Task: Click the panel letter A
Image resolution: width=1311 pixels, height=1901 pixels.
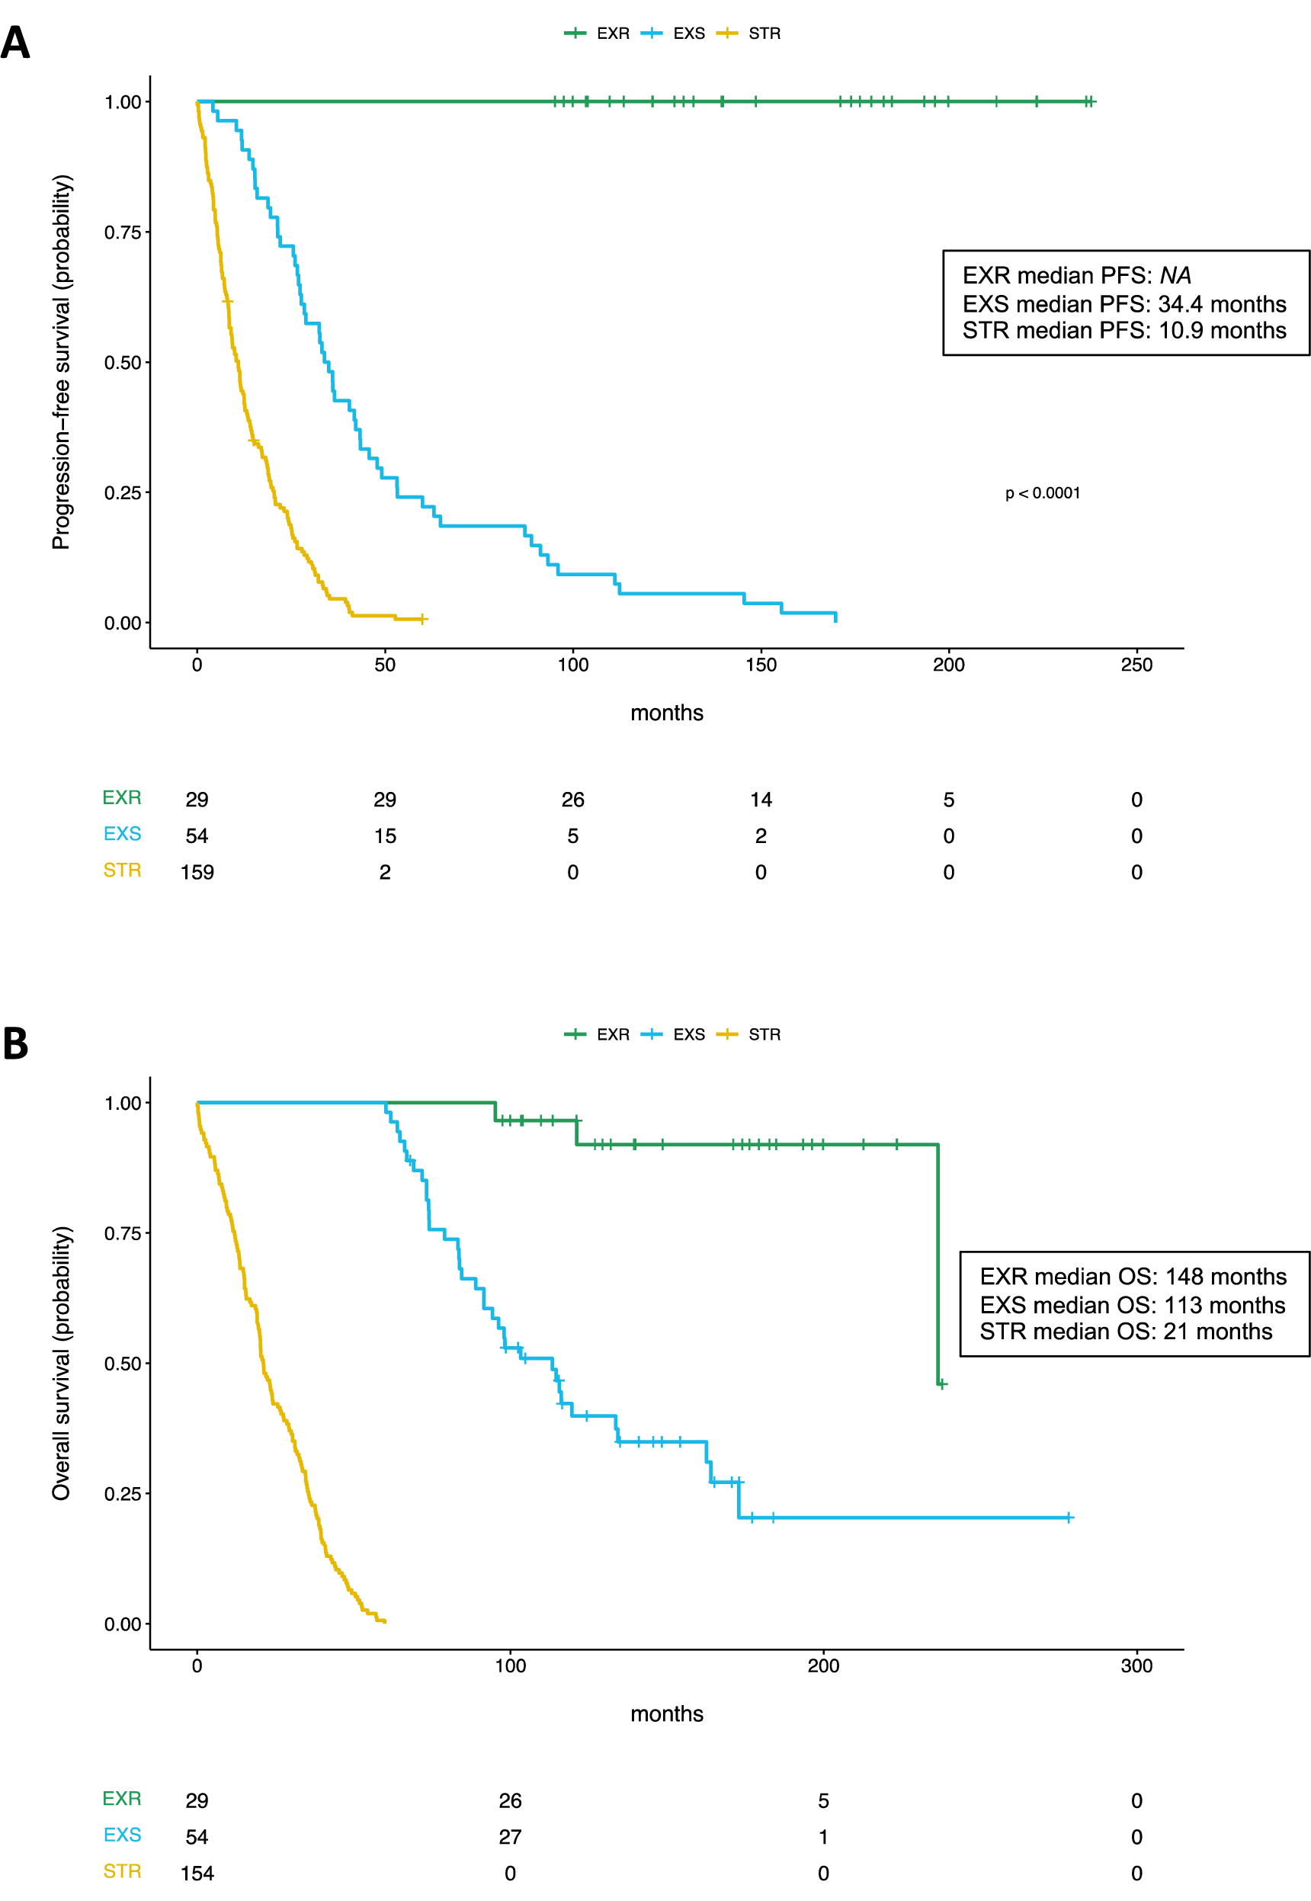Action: pos(14,43)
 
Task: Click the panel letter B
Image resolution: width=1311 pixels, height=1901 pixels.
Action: pos(14,1043)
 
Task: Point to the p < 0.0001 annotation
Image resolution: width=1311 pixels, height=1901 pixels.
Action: pos(1043,493)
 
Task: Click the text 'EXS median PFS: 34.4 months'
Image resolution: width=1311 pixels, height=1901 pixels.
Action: pos(1123,304)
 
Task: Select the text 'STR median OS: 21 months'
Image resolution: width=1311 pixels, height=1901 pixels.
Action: pos(1125,1331)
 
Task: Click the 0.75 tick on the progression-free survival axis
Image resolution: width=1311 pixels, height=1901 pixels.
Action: pos(123,232)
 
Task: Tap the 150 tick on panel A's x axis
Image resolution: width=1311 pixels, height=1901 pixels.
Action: pos(761,665)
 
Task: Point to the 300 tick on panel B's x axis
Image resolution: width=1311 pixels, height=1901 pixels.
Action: pos(1136,1665)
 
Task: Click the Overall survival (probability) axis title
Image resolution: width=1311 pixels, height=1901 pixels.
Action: pos(62,1363)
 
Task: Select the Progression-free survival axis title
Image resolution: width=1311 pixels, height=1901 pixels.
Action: pos(62,361)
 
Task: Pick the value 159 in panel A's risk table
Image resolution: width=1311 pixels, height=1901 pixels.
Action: pos(197,872)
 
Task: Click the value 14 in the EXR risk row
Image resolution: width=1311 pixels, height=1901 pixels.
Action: pos(761,800)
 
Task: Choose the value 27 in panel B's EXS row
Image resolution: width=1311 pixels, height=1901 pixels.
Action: pos(510,1836)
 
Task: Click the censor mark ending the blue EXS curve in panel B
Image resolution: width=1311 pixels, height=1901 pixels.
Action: pos(1068,1518)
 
